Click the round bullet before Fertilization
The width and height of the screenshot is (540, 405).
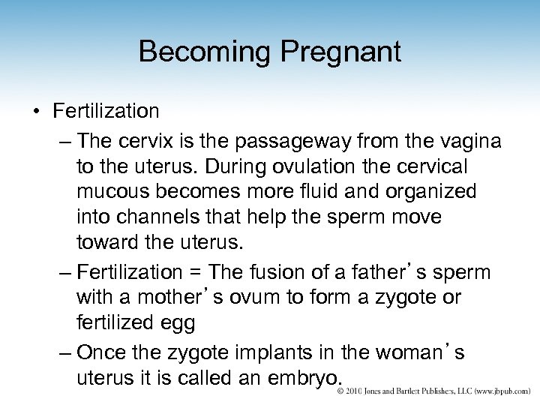tap(36, 112)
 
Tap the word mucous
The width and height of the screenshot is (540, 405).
tap(115, 191)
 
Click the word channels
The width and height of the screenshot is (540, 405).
tap(160, 217)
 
